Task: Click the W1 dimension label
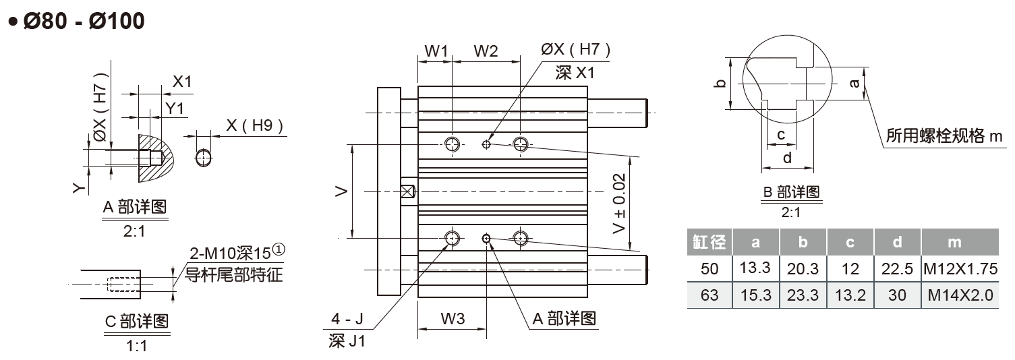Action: point(436,51)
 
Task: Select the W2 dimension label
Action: point(486,51)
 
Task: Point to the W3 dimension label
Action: point(453,319)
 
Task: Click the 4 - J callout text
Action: point(347,318)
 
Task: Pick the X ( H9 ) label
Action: point(254,125)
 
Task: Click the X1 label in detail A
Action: point(182,82)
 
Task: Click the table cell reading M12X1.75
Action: point(960,269)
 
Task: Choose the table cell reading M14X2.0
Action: point(960,295)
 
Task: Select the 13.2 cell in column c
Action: point(850,295)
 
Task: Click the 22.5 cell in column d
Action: point(897,269)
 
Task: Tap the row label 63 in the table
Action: point(709,295)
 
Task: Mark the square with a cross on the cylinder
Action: point(407,191)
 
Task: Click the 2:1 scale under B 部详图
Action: point(791,212)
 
